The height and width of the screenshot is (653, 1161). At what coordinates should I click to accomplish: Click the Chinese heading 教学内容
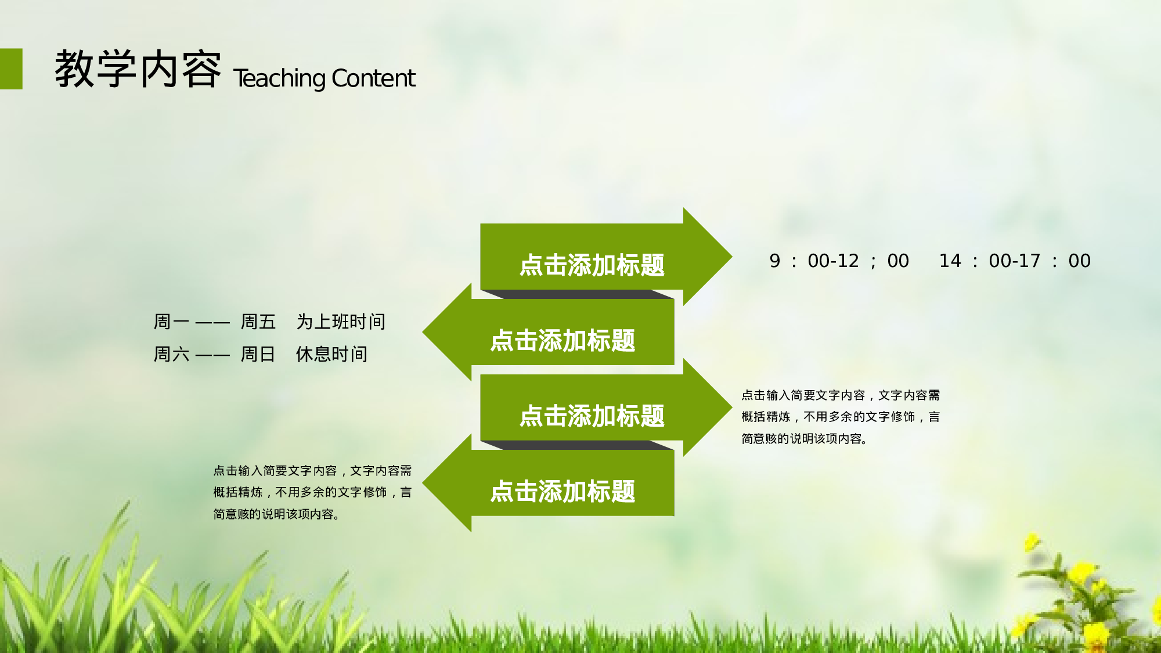pos(138,70)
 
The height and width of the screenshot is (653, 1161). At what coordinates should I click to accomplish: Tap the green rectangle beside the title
pos(11,68)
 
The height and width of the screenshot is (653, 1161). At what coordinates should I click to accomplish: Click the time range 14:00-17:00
pos(1015,261)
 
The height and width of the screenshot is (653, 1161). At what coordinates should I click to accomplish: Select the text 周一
pos(171,322)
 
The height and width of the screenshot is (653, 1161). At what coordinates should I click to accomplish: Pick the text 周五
pos(258,322)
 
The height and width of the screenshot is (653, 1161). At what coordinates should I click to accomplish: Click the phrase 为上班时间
pos(341,322)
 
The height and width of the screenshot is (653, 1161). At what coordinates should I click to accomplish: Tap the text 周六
pos(171,354)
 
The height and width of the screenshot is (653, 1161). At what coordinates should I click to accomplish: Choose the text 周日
pos(258,354)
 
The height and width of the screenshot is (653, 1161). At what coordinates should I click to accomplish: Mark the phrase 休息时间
pos(331,354)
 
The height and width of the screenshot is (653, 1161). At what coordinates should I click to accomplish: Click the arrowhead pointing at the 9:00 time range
pos(705,257)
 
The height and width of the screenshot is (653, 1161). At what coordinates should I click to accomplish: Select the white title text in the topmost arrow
pos(592,265)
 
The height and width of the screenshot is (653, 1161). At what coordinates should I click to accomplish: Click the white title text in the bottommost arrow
pos(563,492)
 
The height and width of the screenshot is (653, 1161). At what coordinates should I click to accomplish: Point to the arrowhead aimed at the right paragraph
pos(705,407)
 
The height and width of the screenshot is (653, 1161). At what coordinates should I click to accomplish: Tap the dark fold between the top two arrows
pos(578,294)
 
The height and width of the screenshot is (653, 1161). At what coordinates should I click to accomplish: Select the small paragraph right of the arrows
pos(840,417)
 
